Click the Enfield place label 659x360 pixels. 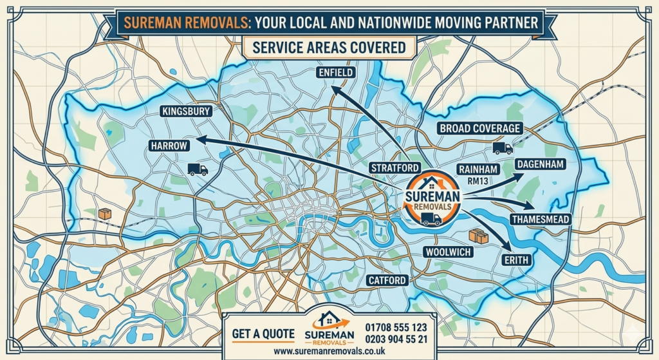(336, 73)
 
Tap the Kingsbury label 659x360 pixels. (187, 111)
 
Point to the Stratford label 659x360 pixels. (394, 167)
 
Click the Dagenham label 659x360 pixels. (540, 165)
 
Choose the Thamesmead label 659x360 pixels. (540, 220)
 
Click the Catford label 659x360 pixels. (387, 280)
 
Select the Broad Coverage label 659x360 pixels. (479, 128)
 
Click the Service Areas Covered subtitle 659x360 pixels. (329, 48)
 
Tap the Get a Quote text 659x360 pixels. (264, 334)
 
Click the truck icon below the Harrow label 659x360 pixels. (198, 170)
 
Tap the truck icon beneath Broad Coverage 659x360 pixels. (502, 148)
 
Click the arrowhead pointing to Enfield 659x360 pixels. (336, 92)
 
